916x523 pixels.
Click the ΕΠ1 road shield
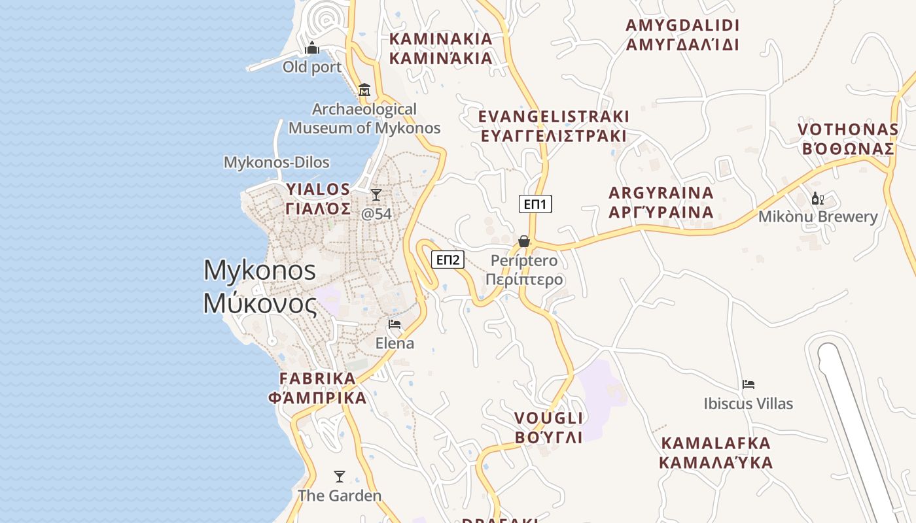pyautogui.click(x=535, y=204)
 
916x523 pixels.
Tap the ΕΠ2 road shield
pyautogui.click(x=448, y=260)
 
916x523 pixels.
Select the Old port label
pyautogui.click(x=312, y=67)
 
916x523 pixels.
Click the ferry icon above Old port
pyautogui.click(x=312, y=48)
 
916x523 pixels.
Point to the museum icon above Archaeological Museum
pyautogui.click(x=364, y=90)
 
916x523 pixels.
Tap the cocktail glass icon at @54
pyautogui.click(x=376, y=195)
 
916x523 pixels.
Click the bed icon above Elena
pyautogui.click(x=395, y=324)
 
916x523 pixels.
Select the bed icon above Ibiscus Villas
pyautogui.click(x=749, y=384)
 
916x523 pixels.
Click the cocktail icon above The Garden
pyautogui.click(x=339, y=476)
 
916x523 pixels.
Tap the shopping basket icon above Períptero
pyautogui.click(x=524, y=242)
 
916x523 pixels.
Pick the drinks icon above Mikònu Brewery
pyautogui.click(x=817, y=198)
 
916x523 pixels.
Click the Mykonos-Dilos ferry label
pyautogui.click(x=277, y=162)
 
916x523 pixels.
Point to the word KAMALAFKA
pyautogui.click(x=716, y=443)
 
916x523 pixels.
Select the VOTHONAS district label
pyautogui.click(x=848, y=129)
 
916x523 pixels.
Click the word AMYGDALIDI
pyautogui.click(x=682, y=25)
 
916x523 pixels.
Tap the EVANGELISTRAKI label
pyautogui.click(x=554, y=117)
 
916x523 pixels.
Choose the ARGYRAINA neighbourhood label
pyautogui.click(x=661, y=194)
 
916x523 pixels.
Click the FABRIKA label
pyautogui.click(x=317, y=379)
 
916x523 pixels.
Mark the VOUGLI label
pyautogui.click(x=548, y=418)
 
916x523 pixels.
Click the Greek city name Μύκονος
pyautogui.click(x=260, y=304)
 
